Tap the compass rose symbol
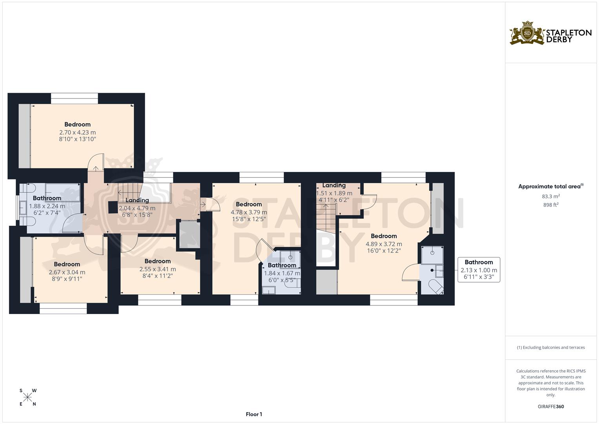pyautogui.click(x=27, y=397)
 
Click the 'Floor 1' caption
pyautogui.click(x=254, y=414)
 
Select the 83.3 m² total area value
pyautogui.click(x=551, y=196)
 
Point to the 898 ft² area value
pyautogui.click(x=551, y=205)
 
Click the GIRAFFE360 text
pyautogui.click(x=551, y=406)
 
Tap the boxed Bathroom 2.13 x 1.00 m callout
pyautogui.click(x=479, y=270)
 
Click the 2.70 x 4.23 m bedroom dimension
pyautogui.click(x=77, y=132)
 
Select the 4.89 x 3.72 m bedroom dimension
pyautogui.click(x=384, y=244)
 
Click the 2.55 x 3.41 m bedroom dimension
pyautogui.click(x=157, y=269)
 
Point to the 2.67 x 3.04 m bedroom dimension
pyautogui.click(x=67, y=272)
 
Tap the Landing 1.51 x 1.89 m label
pyautogui.click(x=334, y=189)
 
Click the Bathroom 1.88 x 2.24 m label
pyautogui.click(x=47, y=202)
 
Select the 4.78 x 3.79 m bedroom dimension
pyautogui.click(x=249, y=212)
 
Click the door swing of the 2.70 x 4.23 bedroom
pyautogui.click(x=95, y=163)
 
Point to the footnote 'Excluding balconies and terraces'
pyautogui.click(x=551, y=347)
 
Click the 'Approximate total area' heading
pyautogui.click(x=550, y=186)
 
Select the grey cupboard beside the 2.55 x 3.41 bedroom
pyautogui.click(x=189, y=235)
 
